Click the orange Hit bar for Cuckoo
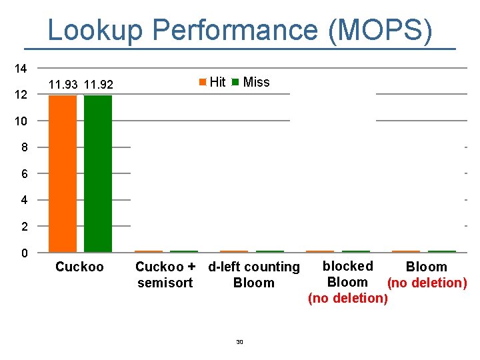pos(63,173)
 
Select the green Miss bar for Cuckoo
pos(98,173)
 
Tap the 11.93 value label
pos(63,85)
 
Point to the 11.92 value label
pos(99,85)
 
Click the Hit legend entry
pos(213,83)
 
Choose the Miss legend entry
pos(251,83)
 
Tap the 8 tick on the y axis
pos(23,148)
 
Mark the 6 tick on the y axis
pos(23,174)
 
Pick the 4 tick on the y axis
pos(23,201)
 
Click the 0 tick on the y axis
pos(23,253)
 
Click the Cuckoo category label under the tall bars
pos(79,267)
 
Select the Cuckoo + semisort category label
pos(165,275)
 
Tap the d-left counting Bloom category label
pos(254,275)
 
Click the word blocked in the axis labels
pos(347,267)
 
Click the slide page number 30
pos(240,342)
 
